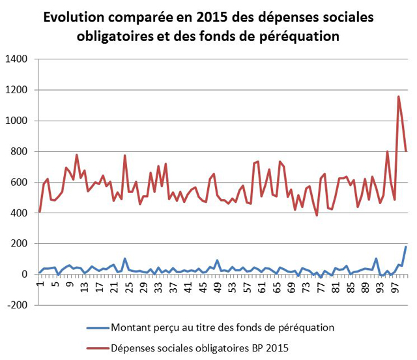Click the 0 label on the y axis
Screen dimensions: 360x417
pos(25,274)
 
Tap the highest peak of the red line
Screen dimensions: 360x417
pos(399,97)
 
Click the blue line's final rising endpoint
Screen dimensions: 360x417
pos(406,247)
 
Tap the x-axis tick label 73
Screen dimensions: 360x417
pos(306,286)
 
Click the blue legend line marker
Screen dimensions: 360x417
pos(96,327)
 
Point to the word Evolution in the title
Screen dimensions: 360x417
pos(72,18)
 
